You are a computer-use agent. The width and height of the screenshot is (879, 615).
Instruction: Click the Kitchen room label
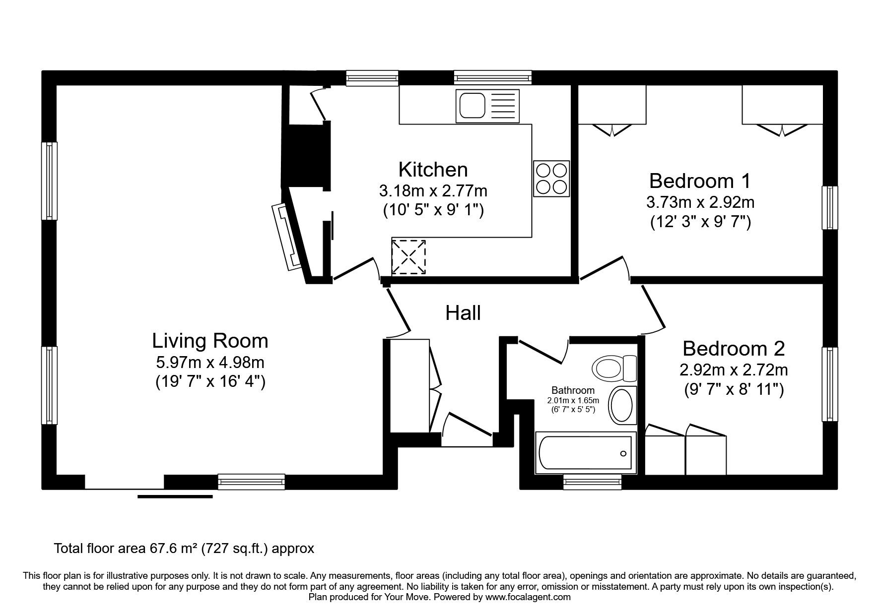pos(433,170)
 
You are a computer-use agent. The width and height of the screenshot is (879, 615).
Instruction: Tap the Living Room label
pos(210,341)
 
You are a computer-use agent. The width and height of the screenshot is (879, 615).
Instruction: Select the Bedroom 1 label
pos(700,181)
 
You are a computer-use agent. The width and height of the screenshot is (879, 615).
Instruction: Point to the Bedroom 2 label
pos(734,349)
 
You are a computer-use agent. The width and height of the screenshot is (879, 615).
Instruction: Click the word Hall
pos(463,313)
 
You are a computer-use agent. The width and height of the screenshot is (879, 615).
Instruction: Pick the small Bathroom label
pos(573,390)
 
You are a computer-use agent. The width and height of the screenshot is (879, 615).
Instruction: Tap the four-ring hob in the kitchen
pos(551,179)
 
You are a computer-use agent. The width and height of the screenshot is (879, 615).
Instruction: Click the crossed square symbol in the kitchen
pos(409,257)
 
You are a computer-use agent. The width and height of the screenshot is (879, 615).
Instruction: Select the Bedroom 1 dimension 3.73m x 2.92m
pos(700,202)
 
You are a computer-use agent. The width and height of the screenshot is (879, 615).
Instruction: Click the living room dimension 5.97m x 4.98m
pos(210,363)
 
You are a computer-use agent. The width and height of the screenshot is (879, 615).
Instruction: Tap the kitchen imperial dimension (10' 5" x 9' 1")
pos(433,210)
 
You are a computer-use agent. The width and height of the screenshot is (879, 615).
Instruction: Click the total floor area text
pos(184,549)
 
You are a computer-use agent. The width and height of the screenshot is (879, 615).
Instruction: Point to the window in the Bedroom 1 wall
pos(829,208)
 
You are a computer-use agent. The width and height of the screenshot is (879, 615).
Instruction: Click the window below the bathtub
pos(593,482)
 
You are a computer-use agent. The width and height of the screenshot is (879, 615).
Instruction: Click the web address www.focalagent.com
pos(528,598)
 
